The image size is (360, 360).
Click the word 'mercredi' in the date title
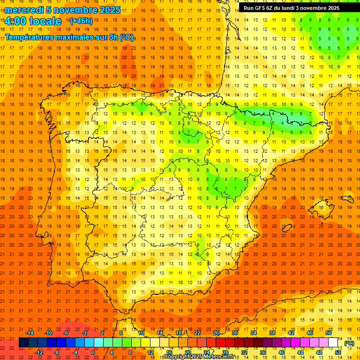tap(24, 10)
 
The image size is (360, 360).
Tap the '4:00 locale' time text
tap(33, 21)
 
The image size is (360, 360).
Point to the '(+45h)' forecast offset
tap(81, 21)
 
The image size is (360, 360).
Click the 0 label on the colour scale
tap(93, 352)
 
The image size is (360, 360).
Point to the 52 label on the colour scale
tap(338, 352)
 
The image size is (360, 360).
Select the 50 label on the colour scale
tap(328, 333)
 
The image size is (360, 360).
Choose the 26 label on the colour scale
tap(216, 333)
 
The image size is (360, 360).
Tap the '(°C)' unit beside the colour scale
tap(349, 343)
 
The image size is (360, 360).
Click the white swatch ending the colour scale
tap(333, 343)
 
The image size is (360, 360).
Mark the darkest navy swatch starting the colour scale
tap(23, 343)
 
